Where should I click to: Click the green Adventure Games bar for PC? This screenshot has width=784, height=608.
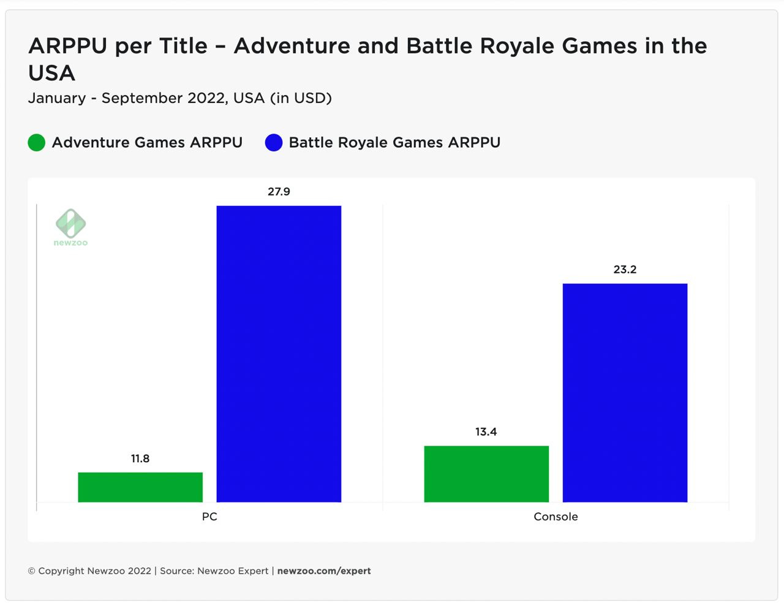tap(140, 487)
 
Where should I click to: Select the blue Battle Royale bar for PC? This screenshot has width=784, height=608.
tap(279, 354)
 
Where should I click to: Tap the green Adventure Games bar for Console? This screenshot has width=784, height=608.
tap(486, 474)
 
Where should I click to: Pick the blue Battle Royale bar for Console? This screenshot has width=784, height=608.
tap(625, 392)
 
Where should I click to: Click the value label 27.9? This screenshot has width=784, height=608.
tap(279, 192)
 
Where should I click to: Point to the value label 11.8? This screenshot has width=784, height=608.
tap(140, 458)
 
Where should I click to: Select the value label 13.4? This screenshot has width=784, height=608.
tap(486, 432)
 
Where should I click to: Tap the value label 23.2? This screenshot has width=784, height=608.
tap(625, 270)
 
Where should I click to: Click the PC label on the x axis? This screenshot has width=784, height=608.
tap(209, 517)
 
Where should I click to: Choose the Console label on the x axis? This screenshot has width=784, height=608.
tap(556, 517)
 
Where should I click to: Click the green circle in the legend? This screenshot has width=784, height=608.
tap(37, 143)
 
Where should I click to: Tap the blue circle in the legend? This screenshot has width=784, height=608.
tap(274, 143)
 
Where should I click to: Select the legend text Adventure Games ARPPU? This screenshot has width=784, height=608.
tap(147, 143)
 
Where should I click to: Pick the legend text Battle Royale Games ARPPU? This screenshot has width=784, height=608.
tap(394, 143)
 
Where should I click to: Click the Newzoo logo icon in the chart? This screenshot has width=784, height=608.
tap(71, 224)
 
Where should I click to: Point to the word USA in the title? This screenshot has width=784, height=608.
tap(51, 74)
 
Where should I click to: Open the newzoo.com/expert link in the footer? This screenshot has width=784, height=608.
tap(324, 571)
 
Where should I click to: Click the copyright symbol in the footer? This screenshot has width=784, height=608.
tap(32, 571)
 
